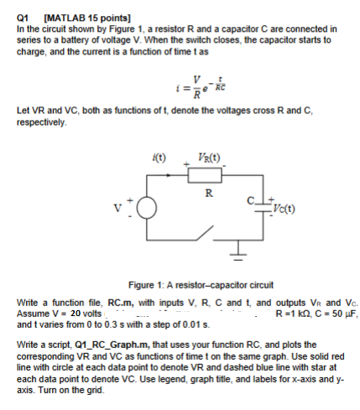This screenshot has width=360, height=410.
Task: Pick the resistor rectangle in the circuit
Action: (208, 176)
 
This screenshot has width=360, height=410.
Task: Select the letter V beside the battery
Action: (130, 207)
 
